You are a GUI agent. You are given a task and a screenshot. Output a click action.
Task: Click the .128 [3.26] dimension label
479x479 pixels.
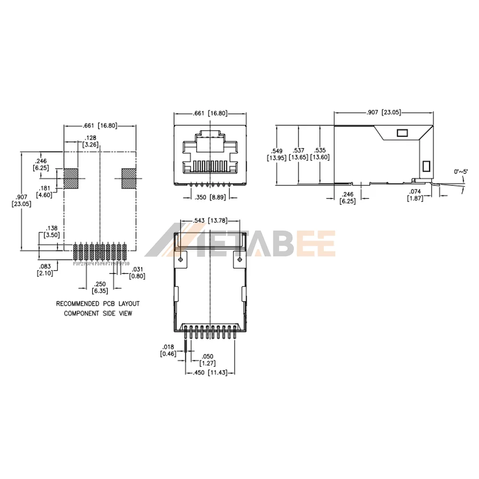(x=91, y=141)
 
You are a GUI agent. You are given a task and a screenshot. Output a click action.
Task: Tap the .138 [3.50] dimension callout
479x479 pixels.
(x=51, y=232)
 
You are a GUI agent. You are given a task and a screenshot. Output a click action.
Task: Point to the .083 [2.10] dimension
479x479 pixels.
(x=45, y=270)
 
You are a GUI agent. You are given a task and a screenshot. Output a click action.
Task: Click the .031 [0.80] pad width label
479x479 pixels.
(x=137, y=272)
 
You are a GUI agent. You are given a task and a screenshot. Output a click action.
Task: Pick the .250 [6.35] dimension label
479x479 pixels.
(x=100, y=287)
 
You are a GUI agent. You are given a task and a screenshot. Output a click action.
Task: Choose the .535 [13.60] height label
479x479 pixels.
(x=319, y=154)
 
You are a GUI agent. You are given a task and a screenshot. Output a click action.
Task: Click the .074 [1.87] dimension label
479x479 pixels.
(x=414, y=195)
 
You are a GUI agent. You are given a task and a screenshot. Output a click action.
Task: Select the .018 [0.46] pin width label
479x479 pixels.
(x=168, y=351)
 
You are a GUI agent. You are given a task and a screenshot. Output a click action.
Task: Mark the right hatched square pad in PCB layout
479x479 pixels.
(x=128, y=179)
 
